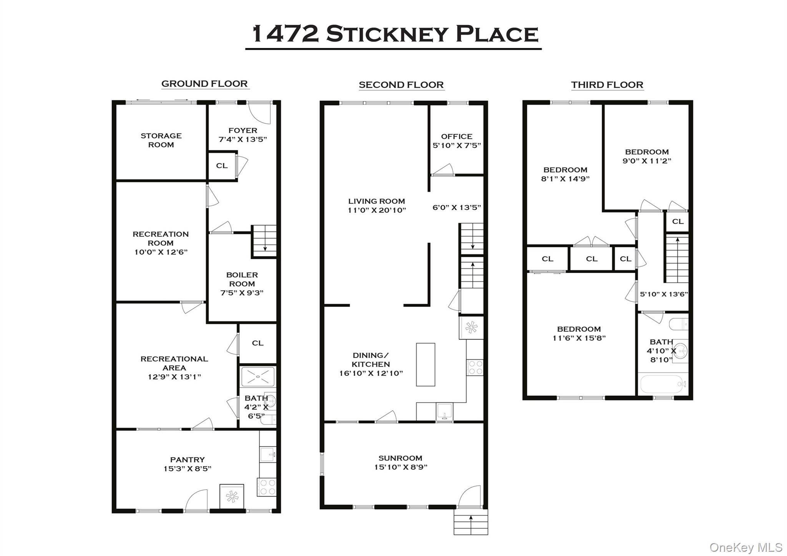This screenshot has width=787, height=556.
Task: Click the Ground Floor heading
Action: point(204,84)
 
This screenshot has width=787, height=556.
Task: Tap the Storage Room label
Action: point(161,140)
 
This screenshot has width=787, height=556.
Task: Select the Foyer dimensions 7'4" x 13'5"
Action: point(242,139)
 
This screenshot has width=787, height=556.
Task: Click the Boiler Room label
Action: point(242,280)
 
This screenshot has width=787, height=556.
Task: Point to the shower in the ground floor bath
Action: point(257,377)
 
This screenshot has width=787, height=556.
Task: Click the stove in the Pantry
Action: point(267,486)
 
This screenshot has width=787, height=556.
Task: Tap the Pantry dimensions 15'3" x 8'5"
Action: point(188,468)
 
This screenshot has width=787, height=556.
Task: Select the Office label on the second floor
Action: point(457,136)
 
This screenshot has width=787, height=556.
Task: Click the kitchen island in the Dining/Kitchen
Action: point(425,364)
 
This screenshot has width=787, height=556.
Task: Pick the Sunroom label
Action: point(400,458)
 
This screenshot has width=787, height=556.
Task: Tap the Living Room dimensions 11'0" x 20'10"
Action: point(377,210)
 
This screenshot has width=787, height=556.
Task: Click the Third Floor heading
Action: point(607,85)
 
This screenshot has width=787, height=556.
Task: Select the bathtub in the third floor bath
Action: point(662,383)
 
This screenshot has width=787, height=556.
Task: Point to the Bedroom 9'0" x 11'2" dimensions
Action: point(647,161)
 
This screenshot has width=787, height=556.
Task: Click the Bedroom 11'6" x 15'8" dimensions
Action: point(579,338)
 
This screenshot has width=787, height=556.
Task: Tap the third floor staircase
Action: point(677,260)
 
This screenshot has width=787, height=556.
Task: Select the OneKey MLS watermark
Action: point(745,547)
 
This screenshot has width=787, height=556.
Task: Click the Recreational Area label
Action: point(174,363)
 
